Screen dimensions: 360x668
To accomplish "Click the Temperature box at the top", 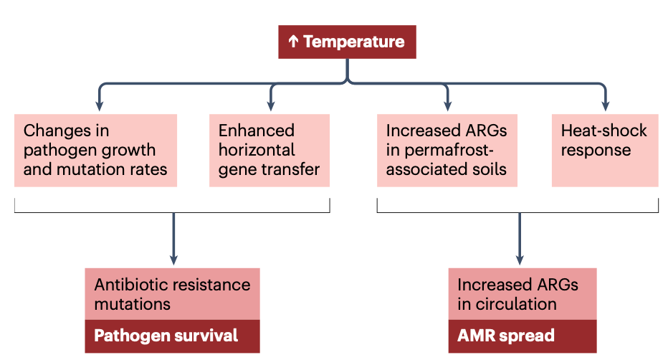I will tap(347, 42).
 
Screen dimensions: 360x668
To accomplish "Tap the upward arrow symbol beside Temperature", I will tap(293, 42).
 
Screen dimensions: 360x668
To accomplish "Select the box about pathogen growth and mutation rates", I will tap(95, 150).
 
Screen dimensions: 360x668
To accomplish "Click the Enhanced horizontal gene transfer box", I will tap(269, 150).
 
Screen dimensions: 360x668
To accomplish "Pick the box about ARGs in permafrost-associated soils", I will tap(447, 150).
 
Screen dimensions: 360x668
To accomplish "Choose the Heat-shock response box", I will tap(604, 150).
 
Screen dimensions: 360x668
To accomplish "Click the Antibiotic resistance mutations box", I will tap(172, 294).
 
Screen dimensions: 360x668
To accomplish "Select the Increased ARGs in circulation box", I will tap(522, 294).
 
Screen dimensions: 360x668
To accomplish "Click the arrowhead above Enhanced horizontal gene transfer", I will tap(271, 105).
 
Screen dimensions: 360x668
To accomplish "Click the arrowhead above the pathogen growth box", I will tap(99, 105).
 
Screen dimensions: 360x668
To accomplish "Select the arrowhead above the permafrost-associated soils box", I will tap(447, 105).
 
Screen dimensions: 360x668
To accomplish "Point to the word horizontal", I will tap(257, 151).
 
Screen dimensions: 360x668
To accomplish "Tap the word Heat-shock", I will tap(603, 131).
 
